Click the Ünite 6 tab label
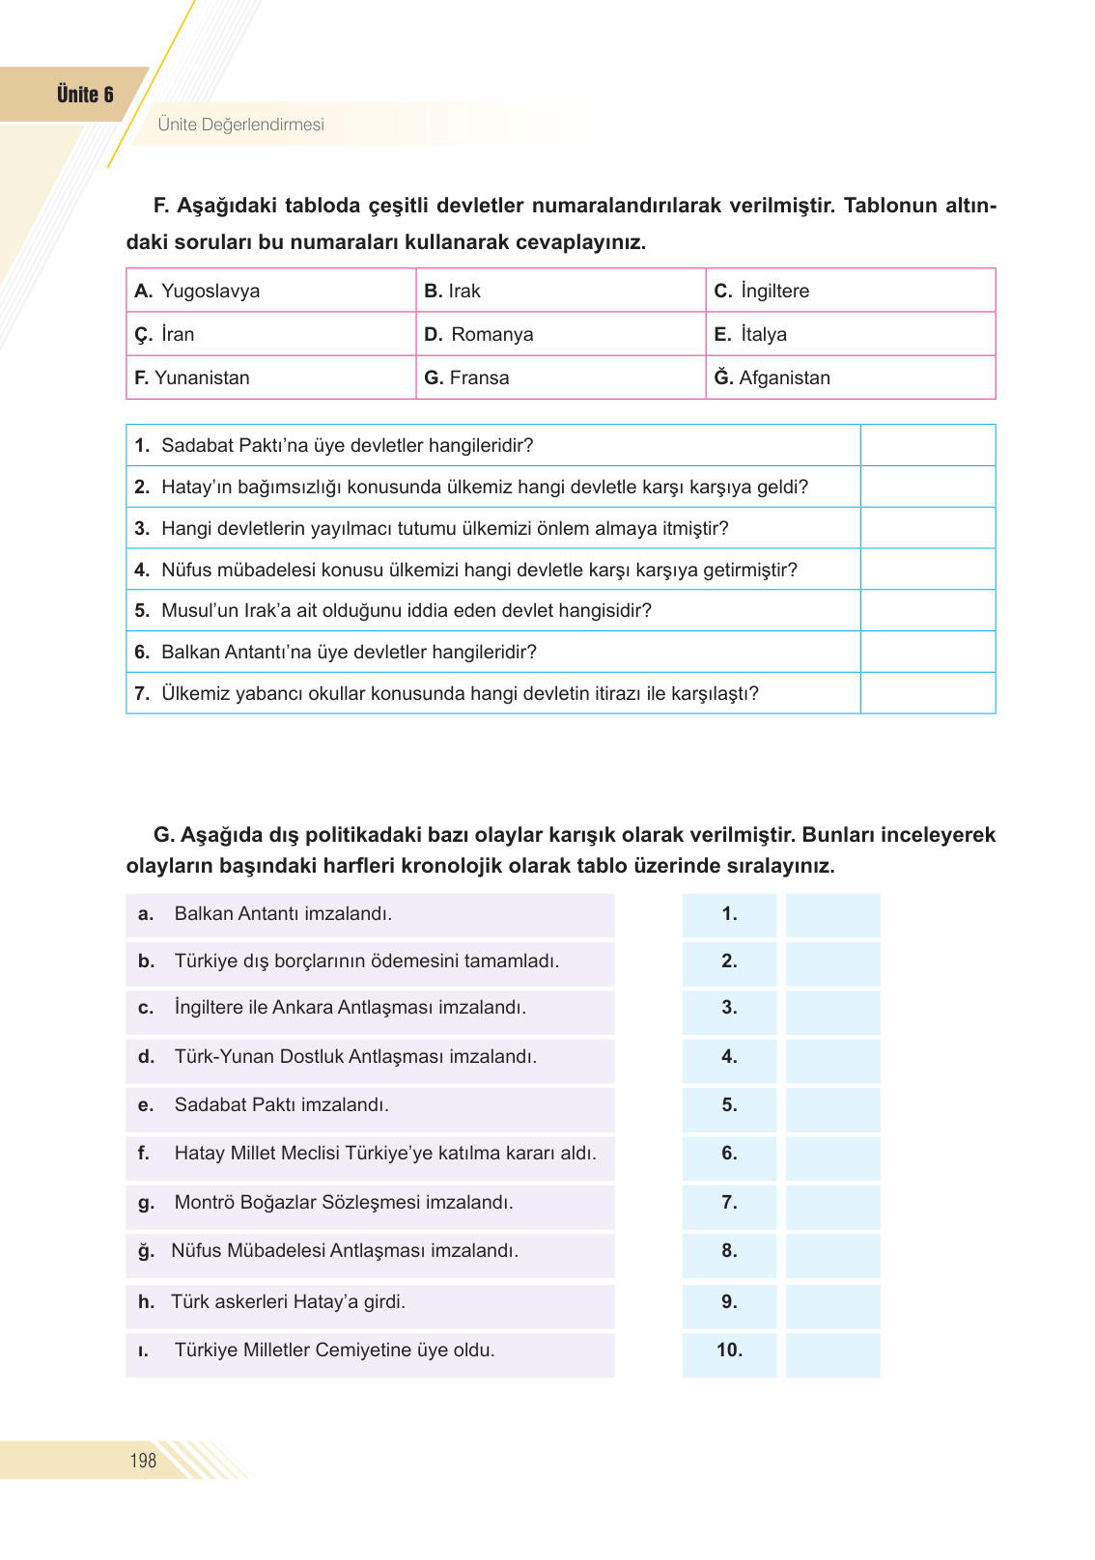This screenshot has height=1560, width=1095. (85, 95)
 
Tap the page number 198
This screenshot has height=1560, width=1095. (143, 1461)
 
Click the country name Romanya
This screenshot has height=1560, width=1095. (491, 334)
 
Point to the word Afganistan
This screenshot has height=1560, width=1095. (784, 377)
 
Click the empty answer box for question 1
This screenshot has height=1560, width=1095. (927, 445)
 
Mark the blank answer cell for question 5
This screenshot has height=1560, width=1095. (927, 610)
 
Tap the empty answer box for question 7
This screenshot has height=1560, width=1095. (927, 693)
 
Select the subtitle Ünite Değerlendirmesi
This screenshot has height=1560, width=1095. (240, 125)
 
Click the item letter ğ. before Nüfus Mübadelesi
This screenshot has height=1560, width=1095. (146, 1251)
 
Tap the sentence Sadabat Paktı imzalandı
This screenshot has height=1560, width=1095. (281, 1104)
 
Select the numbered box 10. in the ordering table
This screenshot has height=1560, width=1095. (729, 1351)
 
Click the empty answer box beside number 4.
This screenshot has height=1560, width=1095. (832, 1057)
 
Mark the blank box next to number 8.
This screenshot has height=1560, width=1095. (832, 1251)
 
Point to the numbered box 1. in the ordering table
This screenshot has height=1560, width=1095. (729, 913)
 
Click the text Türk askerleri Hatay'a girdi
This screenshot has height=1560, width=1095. (288, 1301)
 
